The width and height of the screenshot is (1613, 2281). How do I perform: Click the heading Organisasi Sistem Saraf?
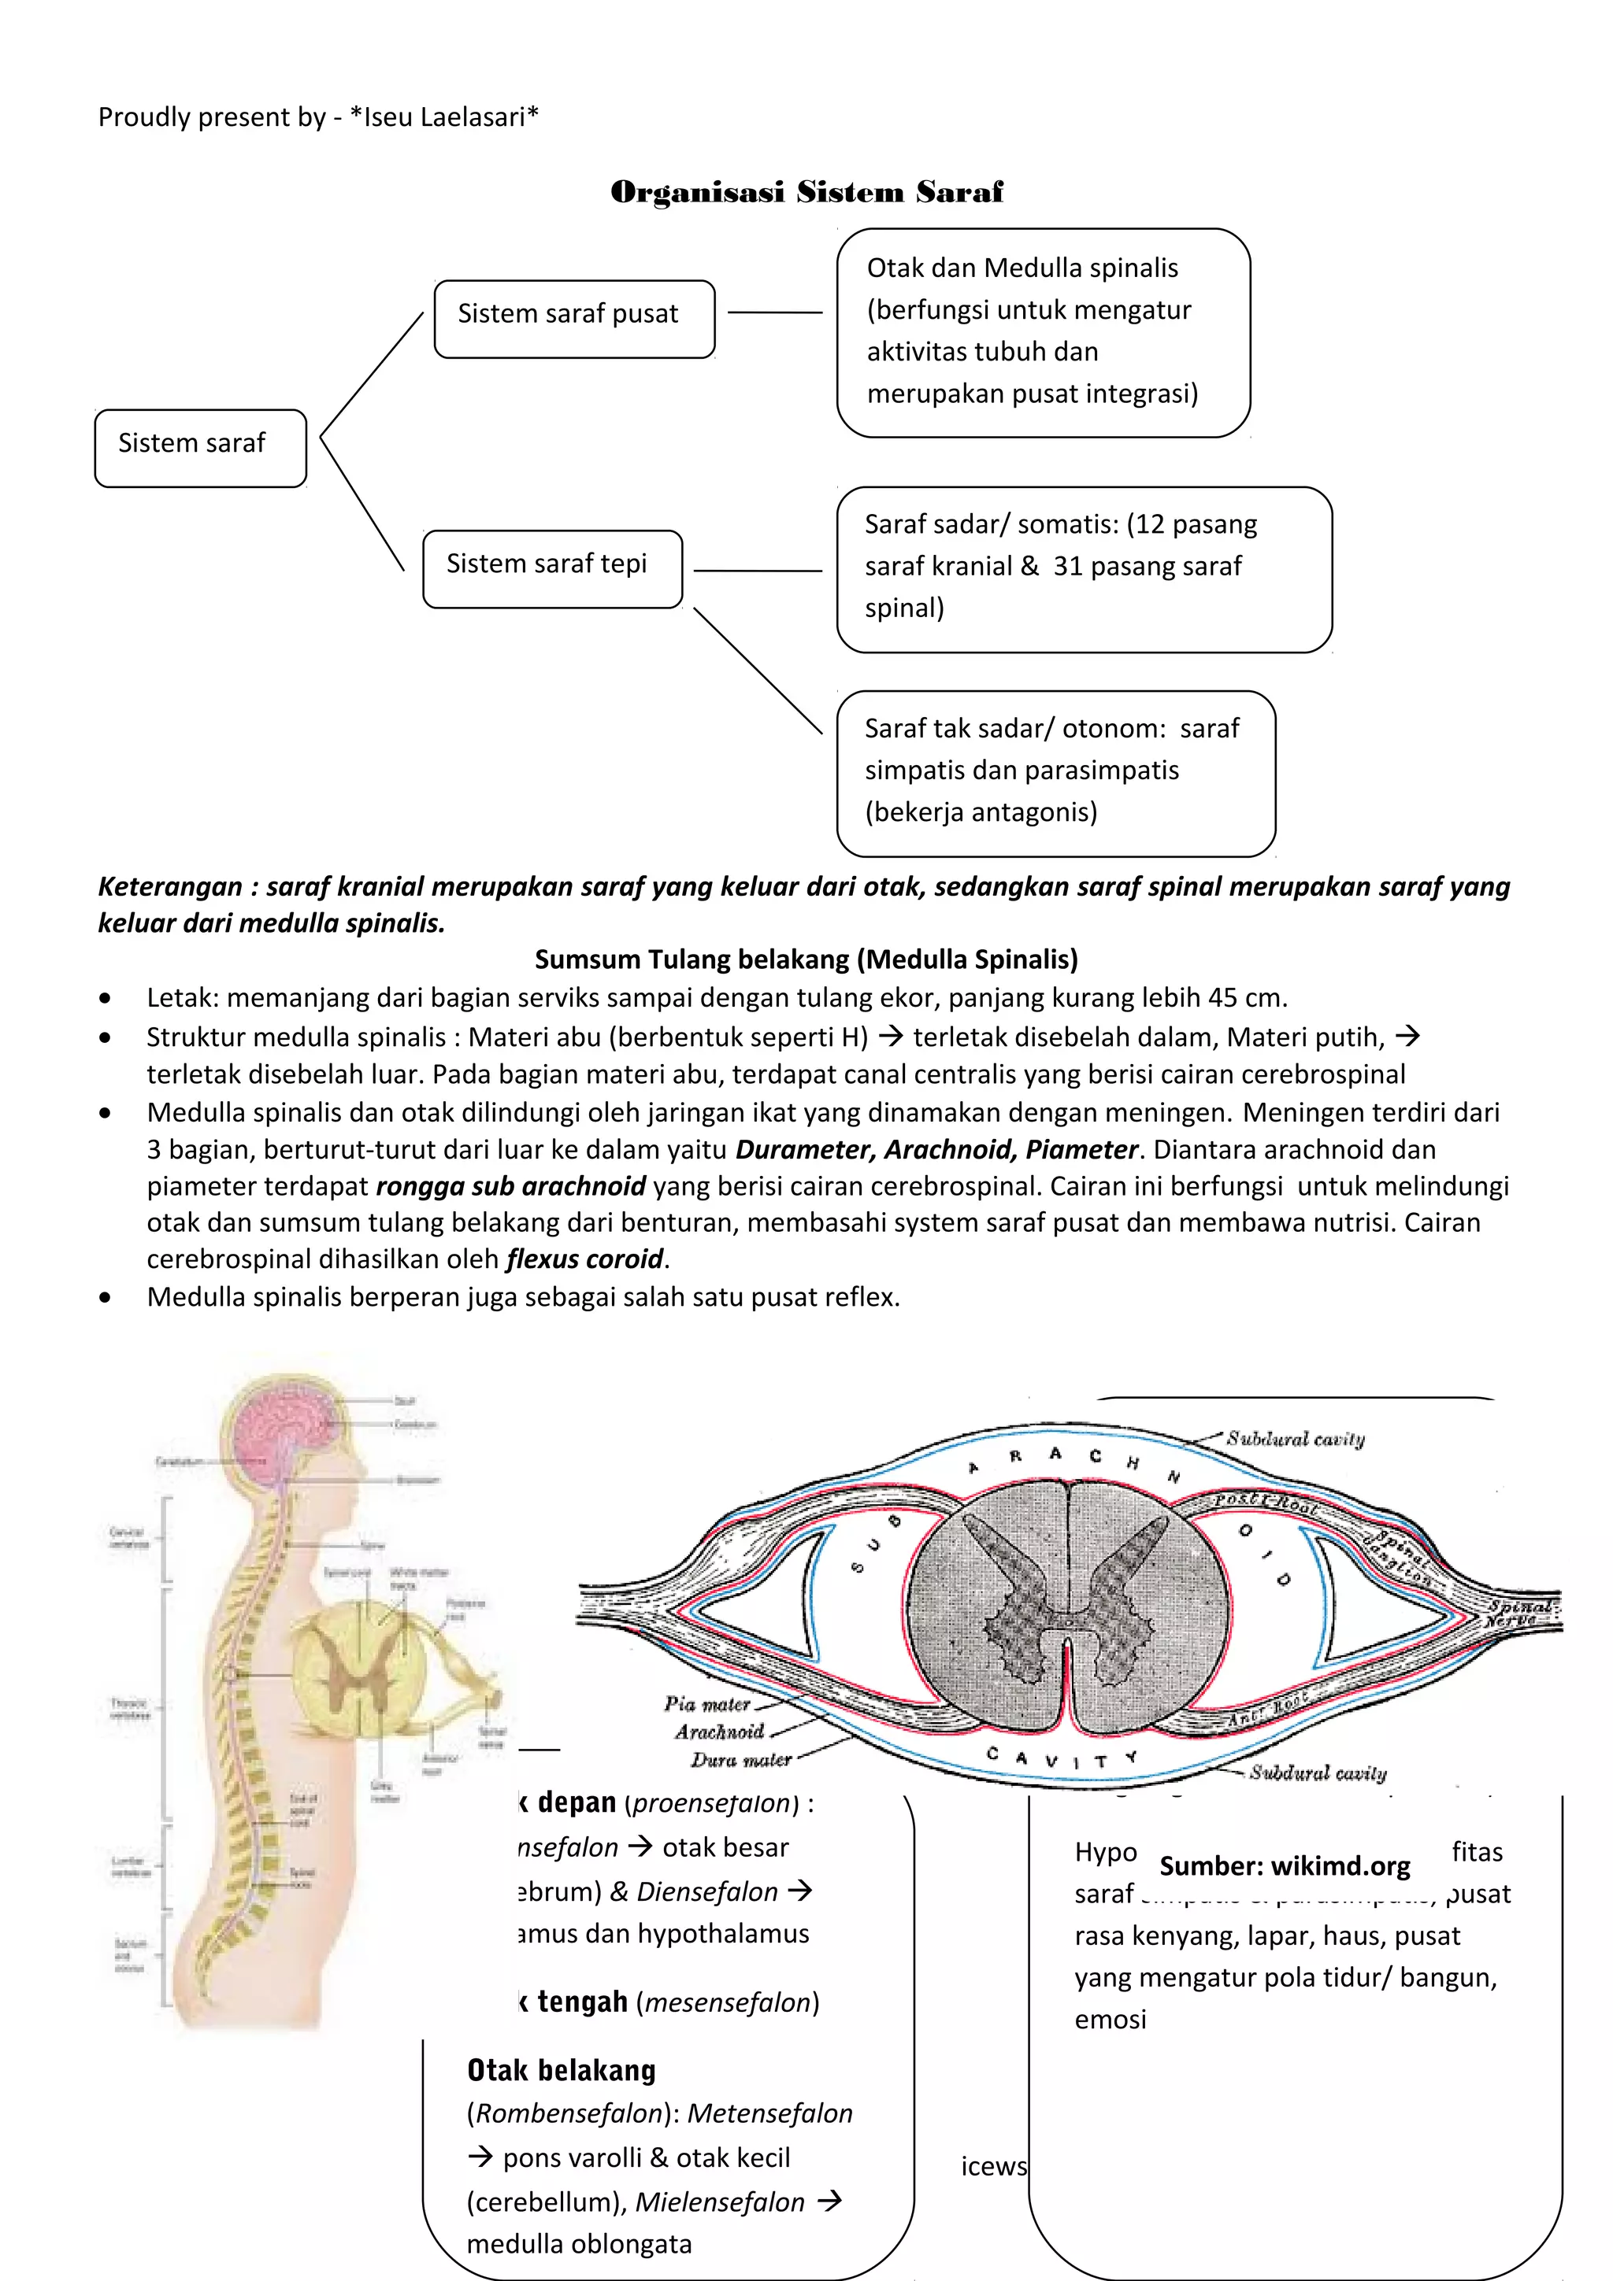[x=806, y=192]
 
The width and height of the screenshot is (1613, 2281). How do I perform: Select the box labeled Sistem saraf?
[x=200, y=447]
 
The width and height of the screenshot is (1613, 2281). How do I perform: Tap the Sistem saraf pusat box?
[x=573, y=318]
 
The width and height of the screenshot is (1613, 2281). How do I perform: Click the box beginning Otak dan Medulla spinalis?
[x=1043, y=332]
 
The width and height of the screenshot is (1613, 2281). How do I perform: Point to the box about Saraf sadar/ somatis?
[x=1083, y=568]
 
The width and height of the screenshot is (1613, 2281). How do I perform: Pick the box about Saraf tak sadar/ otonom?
[x=1055, y=772]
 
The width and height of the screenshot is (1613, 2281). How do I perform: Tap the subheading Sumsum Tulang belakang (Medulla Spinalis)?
[x=806, y=959]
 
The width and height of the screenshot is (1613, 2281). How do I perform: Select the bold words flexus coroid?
[x=584, y=1259]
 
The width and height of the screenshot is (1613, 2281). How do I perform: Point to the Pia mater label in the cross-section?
[x=706, y=1704]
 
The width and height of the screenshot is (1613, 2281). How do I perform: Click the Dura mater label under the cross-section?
[x=740, y=1759]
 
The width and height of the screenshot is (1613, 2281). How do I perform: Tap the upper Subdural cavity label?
[x=1295, y=1439]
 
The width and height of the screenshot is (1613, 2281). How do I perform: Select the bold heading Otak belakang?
[x=562, y=2070]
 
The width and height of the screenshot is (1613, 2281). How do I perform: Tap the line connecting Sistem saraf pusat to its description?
[x=774, y=313]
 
